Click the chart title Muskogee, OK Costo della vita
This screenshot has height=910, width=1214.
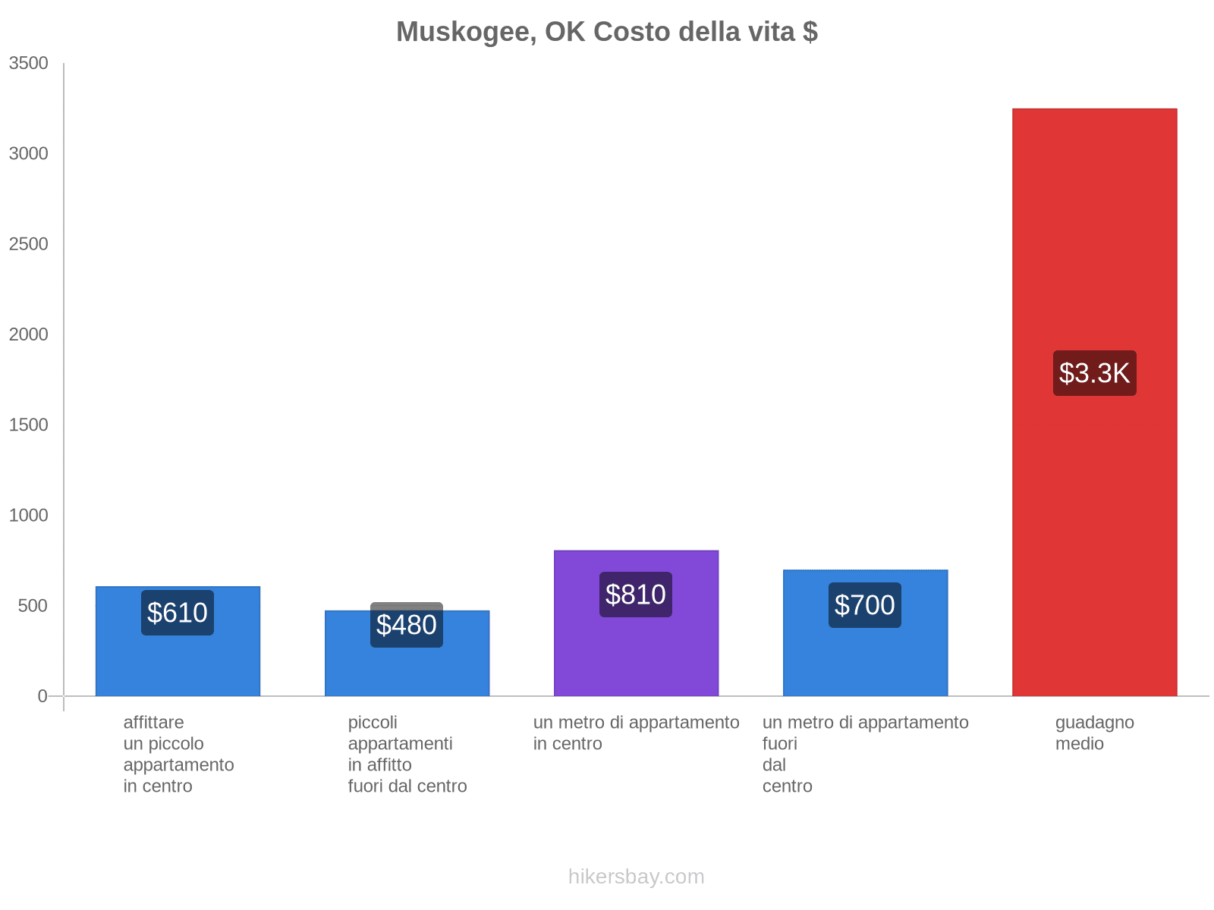[606, 32]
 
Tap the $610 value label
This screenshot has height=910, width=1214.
[178, 613]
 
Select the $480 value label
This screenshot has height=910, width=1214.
[407, 625]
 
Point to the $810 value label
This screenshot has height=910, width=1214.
[636, 595]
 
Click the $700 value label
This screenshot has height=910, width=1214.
[865, 605]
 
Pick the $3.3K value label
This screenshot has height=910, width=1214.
[1094, 373]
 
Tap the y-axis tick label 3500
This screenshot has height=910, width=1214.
[29, 64]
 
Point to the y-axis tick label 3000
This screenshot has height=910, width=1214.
[29, 154]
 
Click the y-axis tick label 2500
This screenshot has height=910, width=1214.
[29, 244]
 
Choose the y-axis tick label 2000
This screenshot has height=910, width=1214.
[29, 334]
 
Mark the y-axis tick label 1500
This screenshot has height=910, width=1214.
[29, 425]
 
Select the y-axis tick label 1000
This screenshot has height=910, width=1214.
[29, 516]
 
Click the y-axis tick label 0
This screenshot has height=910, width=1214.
[42, 696]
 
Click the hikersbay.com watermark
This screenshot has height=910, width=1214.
[636, 877]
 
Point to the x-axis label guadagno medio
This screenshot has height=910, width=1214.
[1094, 733]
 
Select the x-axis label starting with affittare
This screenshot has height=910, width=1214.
[178, 754]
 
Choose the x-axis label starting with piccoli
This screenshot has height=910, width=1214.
[407, 754]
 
